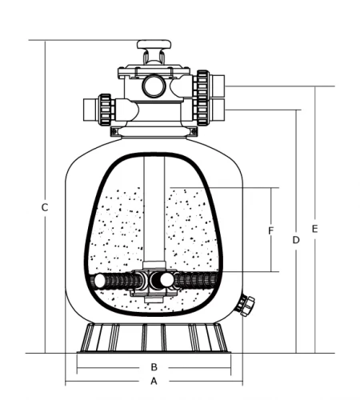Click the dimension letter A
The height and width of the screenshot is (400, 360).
point(154,382)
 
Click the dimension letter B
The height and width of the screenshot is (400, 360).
point(154,367)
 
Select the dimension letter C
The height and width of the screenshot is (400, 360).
point(45,208)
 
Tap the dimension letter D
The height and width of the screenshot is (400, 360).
point(296,239)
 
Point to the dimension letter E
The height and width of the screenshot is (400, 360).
point(315,229)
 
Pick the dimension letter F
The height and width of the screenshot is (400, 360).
point(271,231)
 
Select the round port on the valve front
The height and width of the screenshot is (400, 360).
point(154,85)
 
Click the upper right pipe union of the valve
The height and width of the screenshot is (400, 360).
point(202,84)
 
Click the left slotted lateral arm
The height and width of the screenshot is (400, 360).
point(120,282)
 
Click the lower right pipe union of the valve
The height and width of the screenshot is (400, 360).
point(202,109)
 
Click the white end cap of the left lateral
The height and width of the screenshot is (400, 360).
point(99,282)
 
